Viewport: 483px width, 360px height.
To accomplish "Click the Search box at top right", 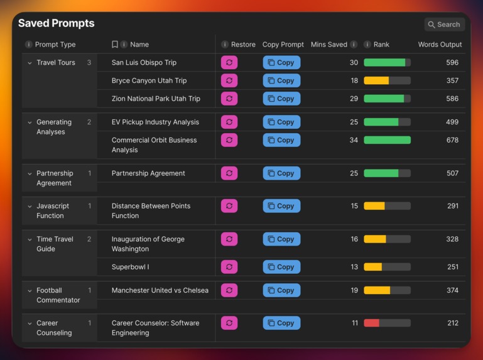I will (444, 25).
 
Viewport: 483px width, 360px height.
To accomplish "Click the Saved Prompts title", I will (56, 23).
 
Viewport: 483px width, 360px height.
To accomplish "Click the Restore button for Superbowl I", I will (229, 267).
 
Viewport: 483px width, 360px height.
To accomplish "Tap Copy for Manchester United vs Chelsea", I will (281, 290).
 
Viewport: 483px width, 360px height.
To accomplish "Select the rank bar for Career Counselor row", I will (387, 323).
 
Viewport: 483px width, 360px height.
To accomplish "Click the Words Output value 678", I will (452, 140).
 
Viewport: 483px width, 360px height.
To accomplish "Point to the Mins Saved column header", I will (329, 45).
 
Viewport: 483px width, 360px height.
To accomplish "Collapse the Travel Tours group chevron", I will (30, 63).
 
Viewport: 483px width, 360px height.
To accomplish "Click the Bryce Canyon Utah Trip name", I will (149, 80).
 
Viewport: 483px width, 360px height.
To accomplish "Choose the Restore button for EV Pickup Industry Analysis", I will (229, 122).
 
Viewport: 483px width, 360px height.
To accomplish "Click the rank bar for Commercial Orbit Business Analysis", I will (387, 140).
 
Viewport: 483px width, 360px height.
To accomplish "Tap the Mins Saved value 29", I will (354, 99).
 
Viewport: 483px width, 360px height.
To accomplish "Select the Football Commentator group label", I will (58, 295).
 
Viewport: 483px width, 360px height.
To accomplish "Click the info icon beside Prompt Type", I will (28, 45).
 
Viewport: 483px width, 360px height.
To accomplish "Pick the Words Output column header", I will (440, 45).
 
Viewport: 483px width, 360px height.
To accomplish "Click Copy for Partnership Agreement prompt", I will (281, 173).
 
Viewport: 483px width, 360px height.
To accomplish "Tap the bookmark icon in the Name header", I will (114, 45).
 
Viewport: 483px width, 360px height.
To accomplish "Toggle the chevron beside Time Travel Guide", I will (30, 239).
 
